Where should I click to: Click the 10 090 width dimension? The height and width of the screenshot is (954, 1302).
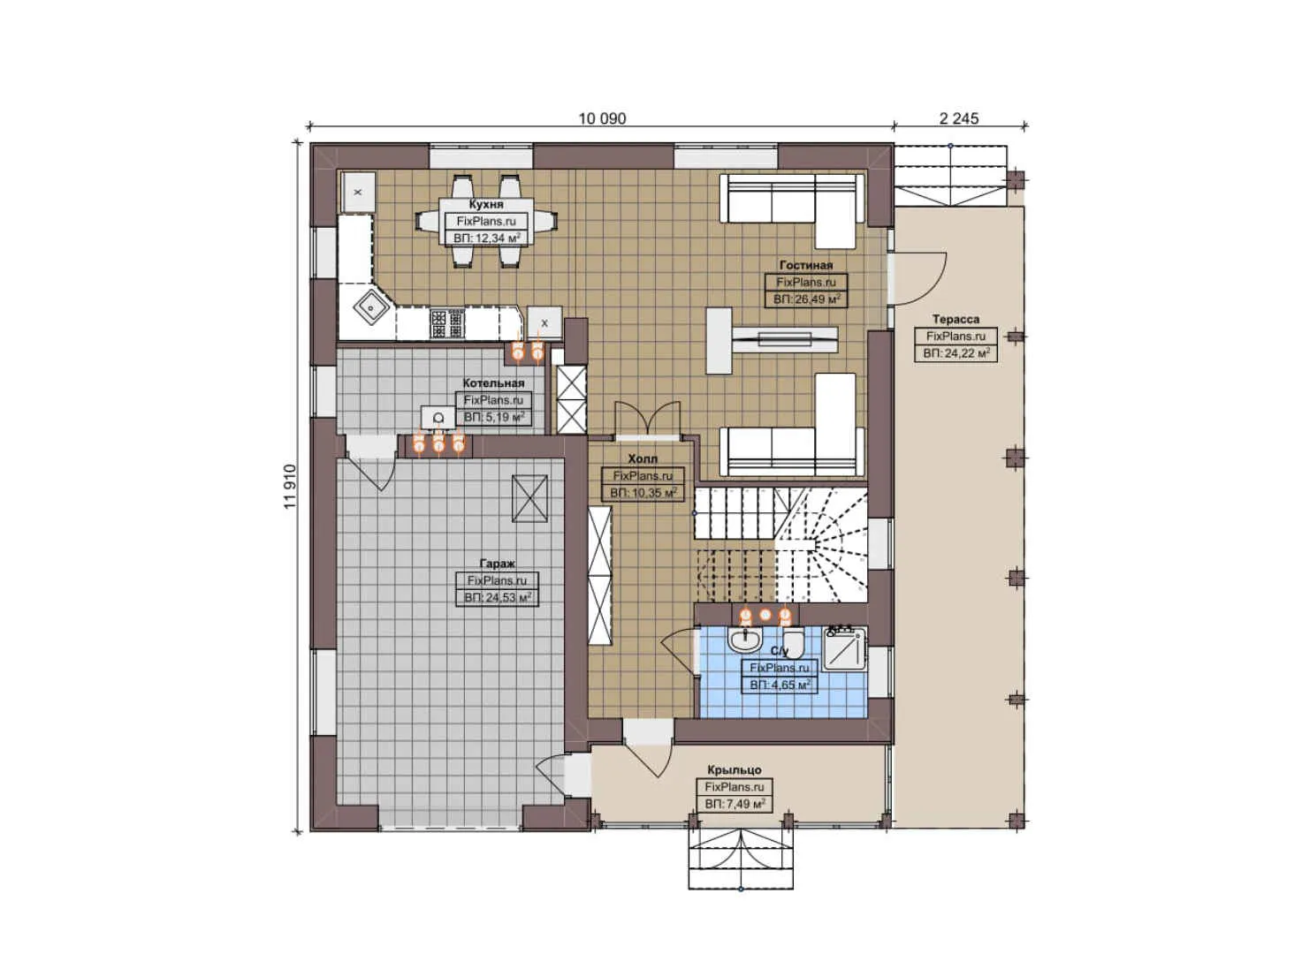pos(602,118)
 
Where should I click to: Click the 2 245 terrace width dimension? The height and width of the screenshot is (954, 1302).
pos(959,118)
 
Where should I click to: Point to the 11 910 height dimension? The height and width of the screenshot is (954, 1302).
pos(290,487)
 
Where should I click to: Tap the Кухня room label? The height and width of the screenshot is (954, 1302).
pos(486,204)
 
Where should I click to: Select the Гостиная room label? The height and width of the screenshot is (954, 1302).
pos(805,265)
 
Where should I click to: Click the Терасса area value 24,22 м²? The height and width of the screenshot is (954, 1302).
pos(956,353)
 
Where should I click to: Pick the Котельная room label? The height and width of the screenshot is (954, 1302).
pos(493,383)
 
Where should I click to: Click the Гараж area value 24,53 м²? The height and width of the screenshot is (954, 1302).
pos(498,598)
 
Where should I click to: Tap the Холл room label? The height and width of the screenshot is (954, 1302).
pos(643,459)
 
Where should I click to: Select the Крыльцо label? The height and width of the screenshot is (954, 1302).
pos(734,770)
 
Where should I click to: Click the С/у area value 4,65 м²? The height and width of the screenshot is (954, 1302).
pos(779,685)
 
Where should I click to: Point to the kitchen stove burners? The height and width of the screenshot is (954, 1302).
pos(446,324)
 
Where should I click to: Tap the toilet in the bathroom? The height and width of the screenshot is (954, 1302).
pos(792,639)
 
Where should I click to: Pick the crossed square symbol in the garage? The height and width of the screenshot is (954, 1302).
pos(530,498)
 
